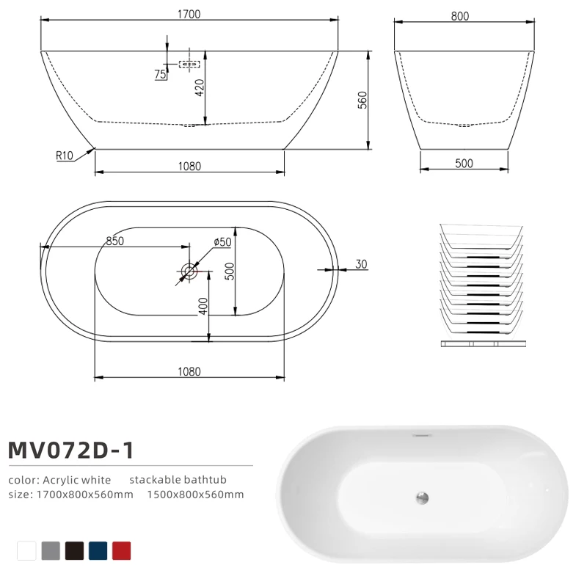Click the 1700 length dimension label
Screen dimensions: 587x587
pyautogui.click(x=189, y=14)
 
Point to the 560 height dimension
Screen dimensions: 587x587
pyautogui.click(x=362, y=100)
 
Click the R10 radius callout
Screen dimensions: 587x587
pyautogui.click(x=65, y=156)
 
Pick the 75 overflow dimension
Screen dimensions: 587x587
pyautogui.click(x=159, y=74)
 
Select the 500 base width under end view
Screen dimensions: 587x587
pyautogui.click(x=464, y=163)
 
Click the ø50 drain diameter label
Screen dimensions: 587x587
pyautogui.click(x=222, y=242)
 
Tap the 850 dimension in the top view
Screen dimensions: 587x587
pyautogui.click(x=114, y=241)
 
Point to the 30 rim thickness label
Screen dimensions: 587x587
pyautogui.click(x=360, y=264)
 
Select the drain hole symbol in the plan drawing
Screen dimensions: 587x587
pyautogui.click(x=189, y=271)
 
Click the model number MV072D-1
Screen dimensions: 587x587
pyautogui.click(x=71, y=449)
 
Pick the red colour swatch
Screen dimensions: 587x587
pyautogui.click(x=122, y=550)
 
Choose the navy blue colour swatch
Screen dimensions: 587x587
pyautogui.click(x=98, y=550)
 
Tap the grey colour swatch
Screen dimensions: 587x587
pyautogui.click(x=51, y=550)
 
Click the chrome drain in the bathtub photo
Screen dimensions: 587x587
pyautogui.click(x=421, y=498)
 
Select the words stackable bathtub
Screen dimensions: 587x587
pyautogui.click(x=178, y=480)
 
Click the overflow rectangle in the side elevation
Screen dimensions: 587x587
pyautogui.click(x=189, y=65)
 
